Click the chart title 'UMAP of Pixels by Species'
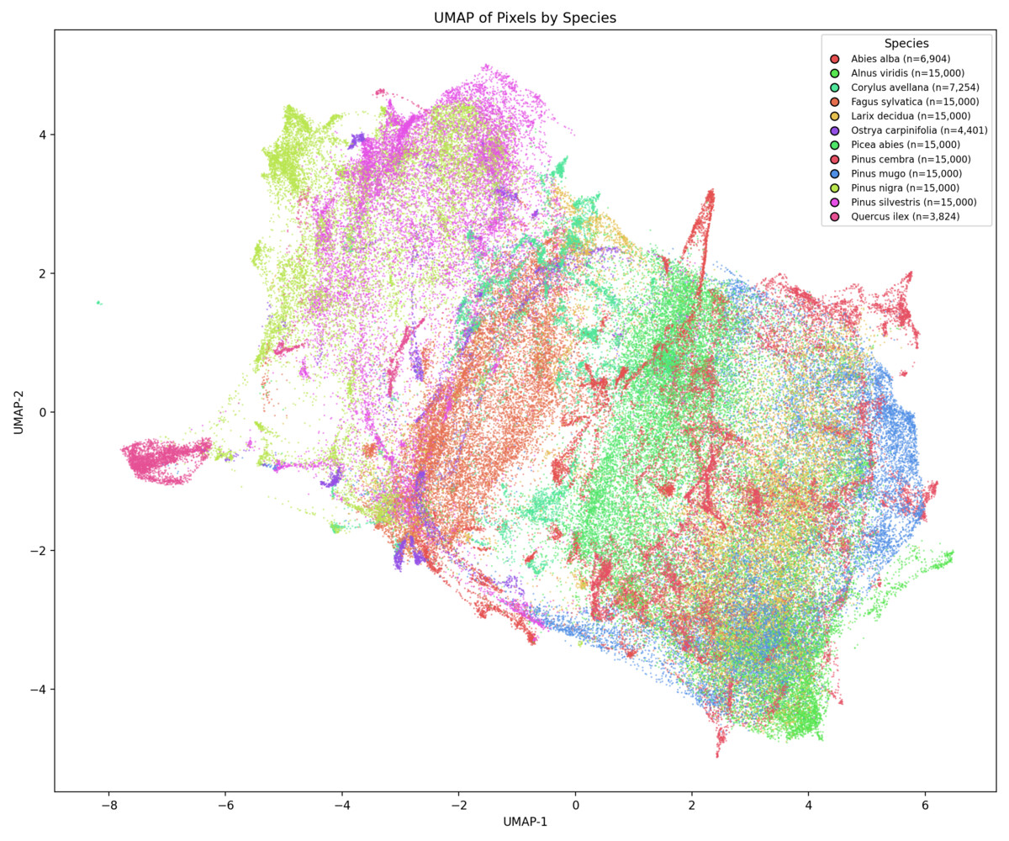525,18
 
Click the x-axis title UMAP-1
525,821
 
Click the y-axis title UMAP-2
18,411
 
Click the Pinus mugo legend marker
834,173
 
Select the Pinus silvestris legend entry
913,202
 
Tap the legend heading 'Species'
906,43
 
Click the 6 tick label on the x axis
925,804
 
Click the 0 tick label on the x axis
575,804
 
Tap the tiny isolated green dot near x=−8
99,303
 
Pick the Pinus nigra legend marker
834,188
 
